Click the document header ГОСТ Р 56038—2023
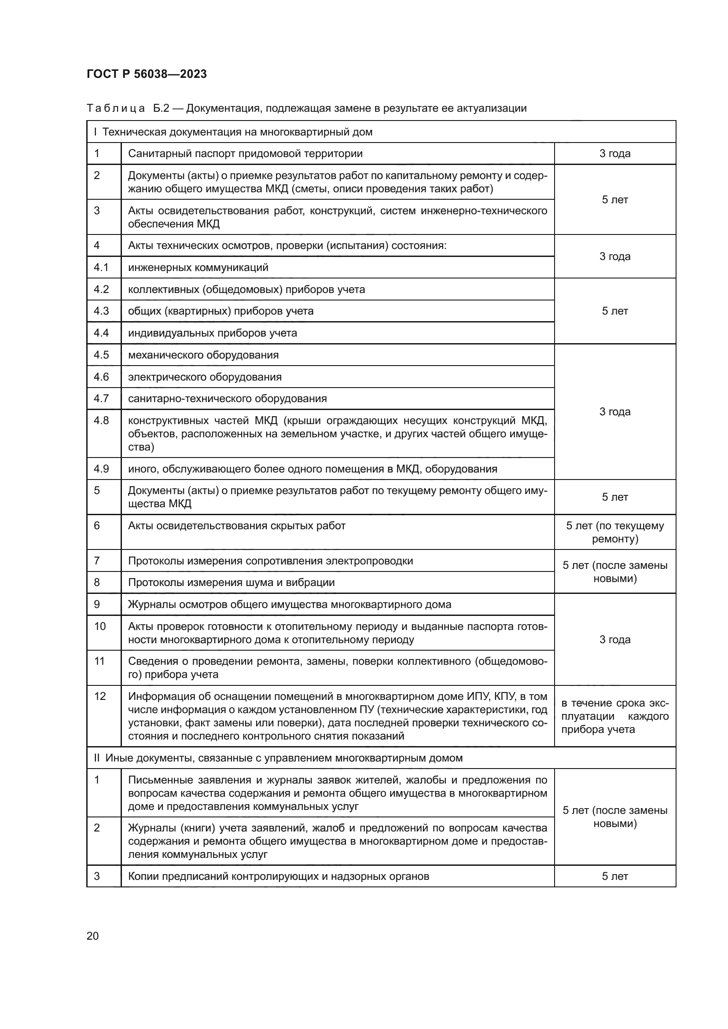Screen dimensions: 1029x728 (x=147, y=74)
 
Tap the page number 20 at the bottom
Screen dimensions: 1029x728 (x=92, y=936)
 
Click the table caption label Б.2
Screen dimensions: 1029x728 (x=161, y=108)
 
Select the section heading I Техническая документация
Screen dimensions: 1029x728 (x=233, y=132)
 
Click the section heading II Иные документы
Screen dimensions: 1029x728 (x=278, y=758)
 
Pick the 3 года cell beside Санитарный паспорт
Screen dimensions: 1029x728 (x=614, y=153)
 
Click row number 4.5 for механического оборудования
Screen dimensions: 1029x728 (x=101, y=355)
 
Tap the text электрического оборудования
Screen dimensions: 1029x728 (x=205, y=377)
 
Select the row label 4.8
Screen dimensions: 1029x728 (x=101, y=421)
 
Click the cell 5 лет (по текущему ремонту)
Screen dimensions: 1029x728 (x=614, y=532)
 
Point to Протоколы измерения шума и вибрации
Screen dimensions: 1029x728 (x=232, y=582)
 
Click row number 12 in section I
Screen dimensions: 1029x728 (x=100, y=696)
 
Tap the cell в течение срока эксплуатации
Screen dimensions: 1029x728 (x=614, y=716)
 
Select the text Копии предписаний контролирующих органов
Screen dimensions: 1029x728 (x=278, y=876)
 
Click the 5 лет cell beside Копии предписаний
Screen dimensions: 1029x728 (x=614, y=876)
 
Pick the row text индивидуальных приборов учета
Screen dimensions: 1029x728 (x=213, y=333)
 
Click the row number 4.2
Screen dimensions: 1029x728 (x=101, y=289)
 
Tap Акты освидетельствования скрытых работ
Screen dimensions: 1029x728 (x=237, y=526)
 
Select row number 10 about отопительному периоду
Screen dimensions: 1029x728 (x=100, y=626)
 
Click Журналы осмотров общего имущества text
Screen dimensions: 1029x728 (x=290, y=604)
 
